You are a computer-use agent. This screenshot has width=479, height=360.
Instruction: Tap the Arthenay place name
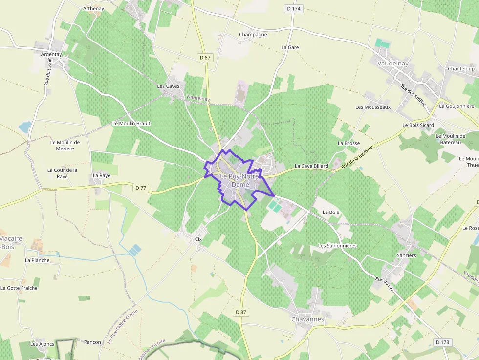click(93, 9)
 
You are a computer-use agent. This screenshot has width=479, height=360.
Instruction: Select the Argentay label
click(52, 55)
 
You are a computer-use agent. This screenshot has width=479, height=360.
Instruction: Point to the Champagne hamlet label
click(253, 35)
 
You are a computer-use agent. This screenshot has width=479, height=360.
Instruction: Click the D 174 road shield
click(293, 9)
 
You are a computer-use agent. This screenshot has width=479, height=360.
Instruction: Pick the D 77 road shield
click(141, 188)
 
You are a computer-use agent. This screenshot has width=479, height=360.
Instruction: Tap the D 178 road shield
click(442, 342)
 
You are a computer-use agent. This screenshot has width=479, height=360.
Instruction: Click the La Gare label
click(290, 47)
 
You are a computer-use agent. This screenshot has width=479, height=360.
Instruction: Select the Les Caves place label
click(168, 86)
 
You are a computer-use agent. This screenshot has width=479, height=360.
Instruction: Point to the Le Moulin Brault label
click(131, 124)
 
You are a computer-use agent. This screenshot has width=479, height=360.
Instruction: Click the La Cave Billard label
click(311, 166)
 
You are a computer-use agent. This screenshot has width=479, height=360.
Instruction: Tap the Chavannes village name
click(307, 319)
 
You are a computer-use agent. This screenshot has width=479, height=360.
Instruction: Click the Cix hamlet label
click(198, 239)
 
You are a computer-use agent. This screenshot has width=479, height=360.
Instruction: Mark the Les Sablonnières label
click(337, 245)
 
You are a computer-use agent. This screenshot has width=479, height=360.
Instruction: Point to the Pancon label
click(92, 342)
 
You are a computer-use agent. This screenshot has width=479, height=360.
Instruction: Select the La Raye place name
click(102, 175)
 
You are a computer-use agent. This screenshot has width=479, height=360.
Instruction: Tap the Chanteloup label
click(461, 69)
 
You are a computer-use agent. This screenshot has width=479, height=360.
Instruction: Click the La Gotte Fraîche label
click(19, 288)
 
